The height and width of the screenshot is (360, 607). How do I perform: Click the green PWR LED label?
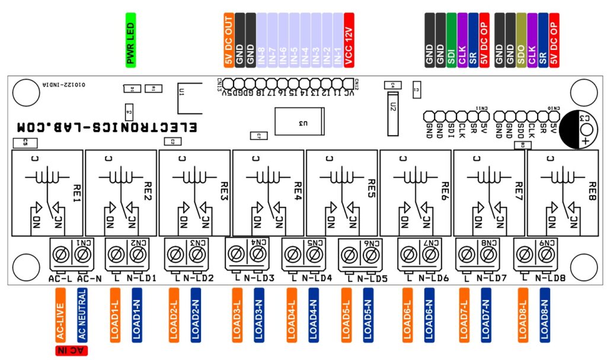coord(131,40)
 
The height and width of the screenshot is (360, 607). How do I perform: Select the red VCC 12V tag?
coord(349,40)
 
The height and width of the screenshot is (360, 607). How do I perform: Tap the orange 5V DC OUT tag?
coord(229,40)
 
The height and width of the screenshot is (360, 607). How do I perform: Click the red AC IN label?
coord(71,351)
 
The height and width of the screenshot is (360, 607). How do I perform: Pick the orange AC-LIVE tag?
coord(60,315)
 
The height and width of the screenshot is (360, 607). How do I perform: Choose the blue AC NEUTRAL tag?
coord(82,315)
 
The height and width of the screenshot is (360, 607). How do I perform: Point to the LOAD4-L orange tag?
coord(292,315)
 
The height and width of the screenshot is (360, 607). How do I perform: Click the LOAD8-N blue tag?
coord(544,315)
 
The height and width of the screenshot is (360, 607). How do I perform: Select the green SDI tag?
coord(452,40)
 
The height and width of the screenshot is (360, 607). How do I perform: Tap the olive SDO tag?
coord(520,40)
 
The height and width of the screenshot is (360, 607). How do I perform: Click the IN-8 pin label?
coord(261,40)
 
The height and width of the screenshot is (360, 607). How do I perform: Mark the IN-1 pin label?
coord(337,40)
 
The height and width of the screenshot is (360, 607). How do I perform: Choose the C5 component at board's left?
coord(25,142)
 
